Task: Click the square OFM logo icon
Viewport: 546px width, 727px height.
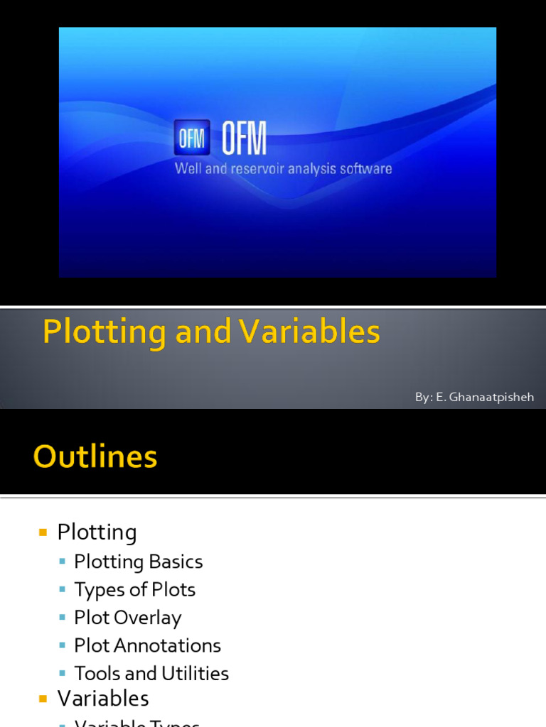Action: point(192,137)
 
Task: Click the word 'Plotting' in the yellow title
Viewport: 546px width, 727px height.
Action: point(105,332)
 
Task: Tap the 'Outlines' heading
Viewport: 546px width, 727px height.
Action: point(95,457)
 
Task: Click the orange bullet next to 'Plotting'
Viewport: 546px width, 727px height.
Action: point(43,532)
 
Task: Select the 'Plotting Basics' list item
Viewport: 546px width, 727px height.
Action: point(139,562)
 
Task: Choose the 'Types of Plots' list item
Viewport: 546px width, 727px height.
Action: point(135,589)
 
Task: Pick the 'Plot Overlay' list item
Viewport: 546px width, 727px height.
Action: point(128,618)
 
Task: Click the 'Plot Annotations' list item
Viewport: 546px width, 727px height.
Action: point(148,645)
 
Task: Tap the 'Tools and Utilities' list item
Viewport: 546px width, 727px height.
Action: point(151,673)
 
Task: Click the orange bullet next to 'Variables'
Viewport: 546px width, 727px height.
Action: point(43,699)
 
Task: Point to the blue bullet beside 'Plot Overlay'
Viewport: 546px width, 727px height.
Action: point(63,618)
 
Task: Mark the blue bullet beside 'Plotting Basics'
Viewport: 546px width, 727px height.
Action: point(63,562)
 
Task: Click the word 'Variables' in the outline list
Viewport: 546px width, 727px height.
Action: point(103,699)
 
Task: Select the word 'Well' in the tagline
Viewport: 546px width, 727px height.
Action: point(188,170)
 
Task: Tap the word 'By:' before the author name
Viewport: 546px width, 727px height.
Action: point(423,398)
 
